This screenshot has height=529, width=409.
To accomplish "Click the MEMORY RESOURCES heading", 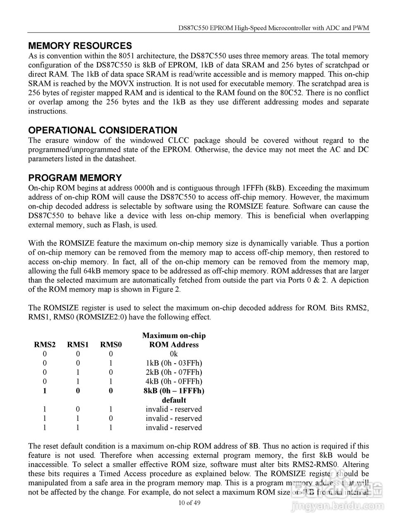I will pos(80,46).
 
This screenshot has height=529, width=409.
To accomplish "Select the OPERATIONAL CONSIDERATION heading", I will pos(103,130).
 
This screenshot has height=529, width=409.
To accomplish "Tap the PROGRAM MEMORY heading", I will pos(75,178).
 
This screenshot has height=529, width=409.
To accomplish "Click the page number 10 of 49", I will pos(189,503).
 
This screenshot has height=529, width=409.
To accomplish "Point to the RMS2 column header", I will pos(45,345).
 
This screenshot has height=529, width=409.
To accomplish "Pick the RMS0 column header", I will pos(111,345).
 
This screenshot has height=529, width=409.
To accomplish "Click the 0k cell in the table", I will pos(174,354).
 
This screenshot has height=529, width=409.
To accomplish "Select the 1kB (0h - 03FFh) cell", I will pos(174,363).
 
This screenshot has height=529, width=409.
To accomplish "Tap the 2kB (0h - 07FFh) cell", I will pos(174,372).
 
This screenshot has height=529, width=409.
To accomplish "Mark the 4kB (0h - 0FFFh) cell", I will pos(174,381).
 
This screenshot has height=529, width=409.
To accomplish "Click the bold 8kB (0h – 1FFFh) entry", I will pos(174,391).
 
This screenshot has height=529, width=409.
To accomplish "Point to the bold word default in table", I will pos(174,400).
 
